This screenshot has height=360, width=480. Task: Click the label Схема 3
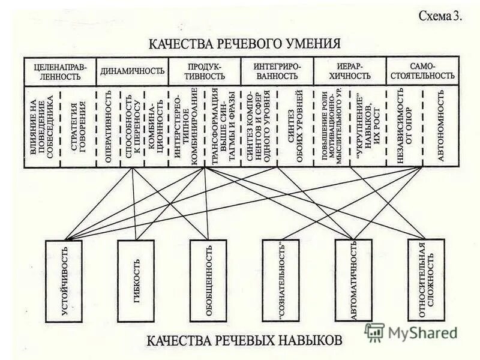pyautogui.click(x=440, y=16)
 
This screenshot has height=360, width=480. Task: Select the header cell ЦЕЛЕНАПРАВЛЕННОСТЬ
pyautogui.click(x=59, y=71)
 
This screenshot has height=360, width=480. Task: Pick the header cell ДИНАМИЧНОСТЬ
pyautogui.click(x=132, y=71)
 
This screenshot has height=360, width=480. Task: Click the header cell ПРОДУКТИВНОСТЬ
pyautogui.click(x=205, y=71)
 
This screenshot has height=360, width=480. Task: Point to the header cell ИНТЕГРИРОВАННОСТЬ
pyautogui.click(x=277, y=71)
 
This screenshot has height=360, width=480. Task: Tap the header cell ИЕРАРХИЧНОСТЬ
pyautogui.click(x=349, y=71)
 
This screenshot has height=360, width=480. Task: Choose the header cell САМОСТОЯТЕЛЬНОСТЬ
pyautogui.click(x=422, y=71)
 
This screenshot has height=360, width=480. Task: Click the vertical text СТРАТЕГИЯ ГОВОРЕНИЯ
pyautogui.click(x=78, y=127)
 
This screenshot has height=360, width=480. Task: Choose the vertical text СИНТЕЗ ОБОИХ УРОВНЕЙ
pyautogui.click(x=295, y=127)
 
